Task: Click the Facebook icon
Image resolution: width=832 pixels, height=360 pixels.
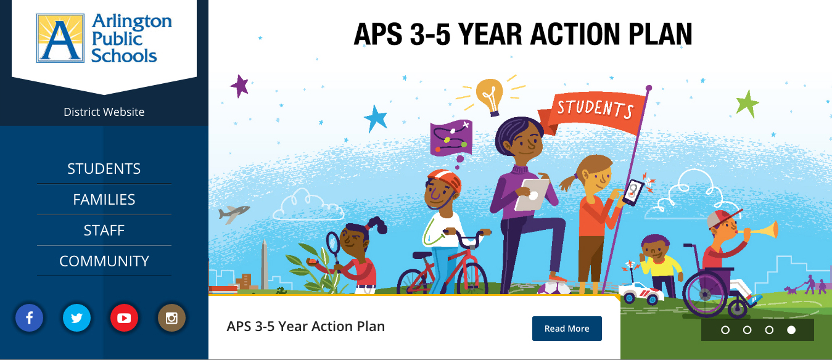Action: pos(30,317)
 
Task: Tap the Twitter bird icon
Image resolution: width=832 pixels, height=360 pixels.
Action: pos(76,317)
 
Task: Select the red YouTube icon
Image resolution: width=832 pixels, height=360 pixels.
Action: pos(124,317)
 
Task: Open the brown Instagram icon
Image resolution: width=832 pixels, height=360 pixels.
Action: pos(171,317)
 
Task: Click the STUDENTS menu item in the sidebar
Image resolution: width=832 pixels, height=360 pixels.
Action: pos(104,169)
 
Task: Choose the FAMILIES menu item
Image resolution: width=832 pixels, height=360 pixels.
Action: pos(104,200)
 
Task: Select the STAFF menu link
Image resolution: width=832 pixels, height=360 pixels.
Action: pos(104,231)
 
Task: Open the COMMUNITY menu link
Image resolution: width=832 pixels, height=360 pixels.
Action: pos(104,261)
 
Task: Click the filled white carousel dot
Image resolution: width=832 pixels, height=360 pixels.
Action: pos(791,330)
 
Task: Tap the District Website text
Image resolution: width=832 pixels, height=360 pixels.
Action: pos(104,112)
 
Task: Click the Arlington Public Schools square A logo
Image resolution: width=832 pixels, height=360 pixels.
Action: pos(60,38)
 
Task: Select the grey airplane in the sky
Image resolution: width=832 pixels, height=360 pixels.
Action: pos(233,214)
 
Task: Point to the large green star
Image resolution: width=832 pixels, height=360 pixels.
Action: pos(748,104)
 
